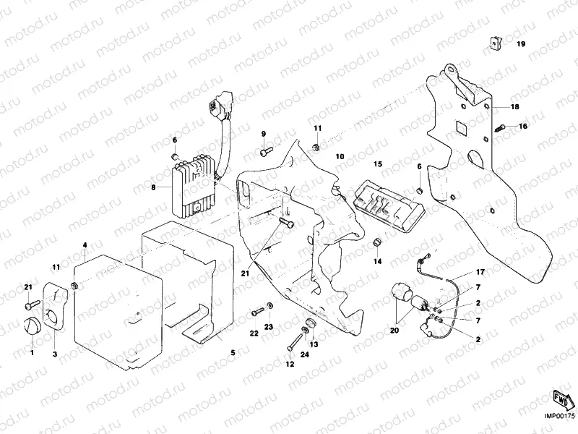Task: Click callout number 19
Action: tap(520, 44)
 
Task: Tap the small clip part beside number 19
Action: tap(493, 44)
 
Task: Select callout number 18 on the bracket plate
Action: tap(515, 106)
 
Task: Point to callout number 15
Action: tap(377, 165)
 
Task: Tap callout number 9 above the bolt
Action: tap(264, 134)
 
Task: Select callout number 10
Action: tap(340, 156)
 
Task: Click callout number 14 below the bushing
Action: tap(376, 262)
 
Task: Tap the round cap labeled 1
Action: tap(31, 327)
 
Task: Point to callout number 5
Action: tap(233, 353)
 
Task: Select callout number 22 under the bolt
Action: tap(254, 333)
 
